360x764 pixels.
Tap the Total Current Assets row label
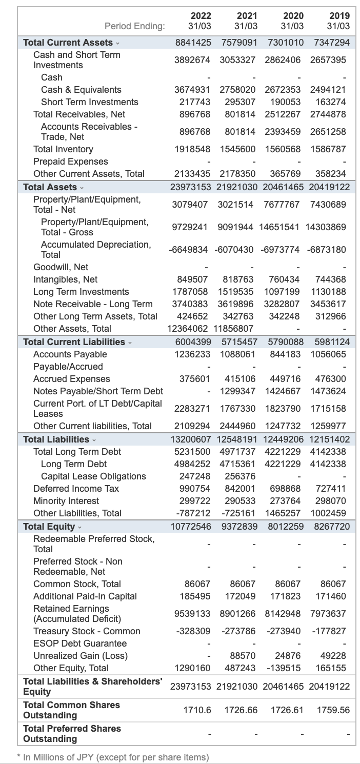[68, 43]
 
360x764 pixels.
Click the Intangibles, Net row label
[65, 279]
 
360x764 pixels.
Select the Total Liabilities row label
[56, 439]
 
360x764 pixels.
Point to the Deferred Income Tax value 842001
[241, 489]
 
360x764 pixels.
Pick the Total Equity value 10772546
[190, 527]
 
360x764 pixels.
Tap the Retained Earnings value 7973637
[328, 614]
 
